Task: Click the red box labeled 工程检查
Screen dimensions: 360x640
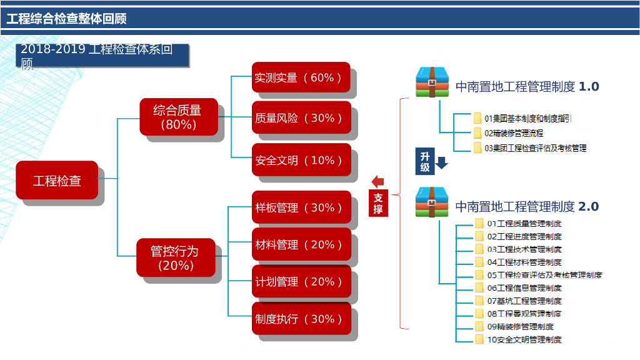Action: click(x=57, y=181)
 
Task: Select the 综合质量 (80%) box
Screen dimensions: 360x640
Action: click(x=178, y=117)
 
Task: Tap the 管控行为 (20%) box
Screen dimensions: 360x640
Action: click(x=176, y=257)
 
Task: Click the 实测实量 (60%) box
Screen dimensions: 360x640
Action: click(x=301, y=77)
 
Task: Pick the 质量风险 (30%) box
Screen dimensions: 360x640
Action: click(x=301, y=117)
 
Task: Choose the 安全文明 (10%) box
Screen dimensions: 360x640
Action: click(x=301, y=160)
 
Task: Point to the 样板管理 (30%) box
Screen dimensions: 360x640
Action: click(x=301, y=207)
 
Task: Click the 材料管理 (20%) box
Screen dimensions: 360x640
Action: click(x=301, y=244)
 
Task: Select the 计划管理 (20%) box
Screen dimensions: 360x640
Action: click(x=301, y=281)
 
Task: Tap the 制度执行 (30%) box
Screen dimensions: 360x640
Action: click(x=301, y=319)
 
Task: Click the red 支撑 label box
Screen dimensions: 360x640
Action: click(x=378, y=203)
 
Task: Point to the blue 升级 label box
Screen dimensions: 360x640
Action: click(x=424, y=162)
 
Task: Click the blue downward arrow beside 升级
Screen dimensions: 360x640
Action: click(x=442, y=162)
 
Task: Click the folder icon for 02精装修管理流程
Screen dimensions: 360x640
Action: click(x=478, y=133)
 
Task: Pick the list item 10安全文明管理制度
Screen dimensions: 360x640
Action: click(x=524, y=340)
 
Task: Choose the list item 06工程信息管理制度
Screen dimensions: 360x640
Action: click(x=524, y=288)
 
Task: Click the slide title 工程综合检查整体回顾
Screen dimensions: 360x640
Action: click(x=67, y=19)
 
